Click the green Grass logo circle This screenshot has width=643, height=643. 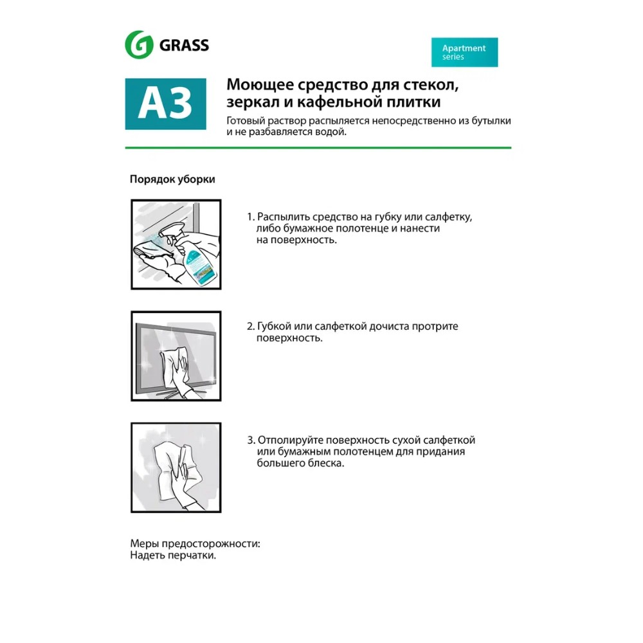click(x=140, y=45)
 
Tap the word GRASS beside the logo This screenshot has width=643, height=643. click(x=184, y=45)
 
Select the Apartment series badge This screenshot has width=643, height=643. click(x=464, y=52)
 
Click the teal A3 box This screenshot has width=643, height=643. click(x=166, y=104)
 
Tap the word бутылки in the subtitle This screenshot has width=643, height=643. click(x=491, y=121)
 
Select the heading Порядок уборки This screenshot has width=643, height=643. click(x=172, y=179)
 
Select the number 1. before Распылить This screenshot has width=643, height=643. click(x=251, y=217)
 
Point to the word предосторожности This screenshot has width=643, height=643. click(x=211, y=544)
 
